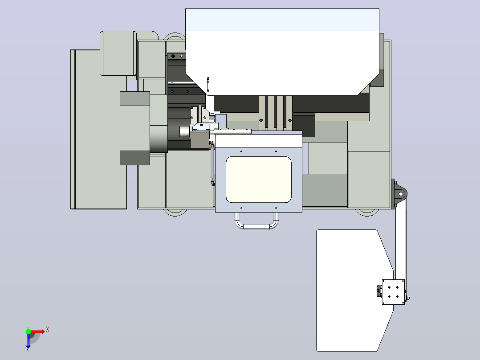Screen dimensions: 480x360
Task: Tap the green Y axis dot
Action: click(x=28, y=331)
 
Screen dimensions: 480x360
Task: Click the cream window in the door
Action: click(x=259, y=180)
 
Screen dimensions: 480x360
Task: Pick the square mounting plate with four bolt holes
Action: click(x=393, y=292)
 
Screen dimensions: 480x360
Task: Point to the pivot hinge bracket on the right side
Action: click(x=399, y=194)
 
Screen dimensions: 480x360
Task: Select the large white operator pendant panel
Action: click(x=355, y=290)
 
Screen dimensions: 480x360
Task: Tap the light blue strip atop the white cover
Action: click(x=282, y=19)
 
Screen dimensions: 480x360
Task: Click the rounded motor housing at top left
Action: click(x=118, y=53)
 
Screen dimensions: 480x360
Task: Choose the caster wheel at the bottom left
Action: click(x=175, y=213)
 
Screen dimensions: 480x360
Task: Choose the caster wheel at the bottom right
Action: click(x=367, y=213)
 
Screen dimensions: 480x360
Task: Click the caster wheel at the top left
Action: click(x=175, y=37)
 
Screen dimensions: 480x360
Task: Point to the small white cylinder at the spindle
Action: click(x=184, y=132)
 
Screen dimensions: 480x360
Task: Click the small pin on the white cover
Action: click(x=208, y=84)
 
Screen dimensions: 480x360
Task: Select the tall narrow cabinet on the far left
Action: click(x=98, y=129)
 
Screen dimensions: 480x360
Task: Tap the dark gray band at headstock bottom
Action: click(x=134, y=158)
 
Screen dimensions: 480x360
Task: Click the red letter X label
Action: click(x=48, y=330)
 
